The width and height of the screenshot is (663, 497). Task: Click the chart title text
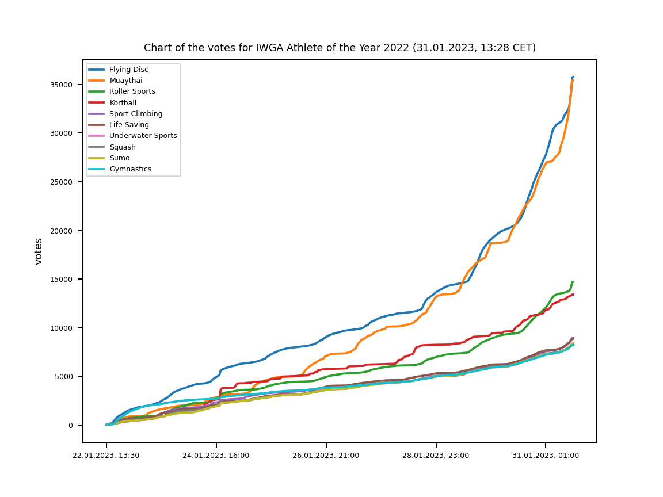point(340,48)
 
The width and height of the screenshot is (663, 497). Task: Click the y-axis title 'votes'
point(39,251)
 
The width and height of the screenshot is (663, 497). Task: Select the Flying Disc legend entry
point(128,70)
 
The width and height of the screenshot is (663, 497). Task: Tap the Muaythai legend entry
point(125,81)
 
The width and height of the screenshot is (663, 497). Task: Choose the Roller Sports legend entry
point(132,91)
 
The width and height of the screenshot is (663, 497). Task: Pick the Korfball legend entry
point(123,103)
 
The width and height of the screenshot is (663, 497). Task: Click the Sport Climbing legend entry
point(136,114)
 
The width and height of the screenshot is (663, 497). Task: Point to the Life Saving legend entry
point(129,125)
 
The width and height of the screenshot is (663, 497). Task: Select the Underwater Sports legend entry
point(143,136)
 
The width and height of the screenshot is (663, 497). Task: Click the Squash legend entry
point(121,147)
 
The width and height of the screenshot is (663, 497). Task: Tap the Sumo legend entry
point(119,158)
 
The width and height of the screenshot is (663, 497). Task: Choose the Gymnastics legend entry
point(130,169)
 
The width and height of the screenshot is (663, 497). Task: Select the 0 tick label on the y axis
point(71,425)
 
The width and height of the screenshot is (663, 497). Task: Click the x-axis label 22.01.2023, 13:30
point(106,456)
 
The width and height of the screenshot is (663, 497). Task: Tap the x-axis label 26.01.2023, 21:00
point(326,456)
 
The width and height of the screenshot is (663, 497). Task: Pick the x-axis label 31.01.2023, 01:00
point(546,456)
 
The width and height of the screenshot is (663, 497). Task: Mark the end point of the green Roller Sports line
point(573,282)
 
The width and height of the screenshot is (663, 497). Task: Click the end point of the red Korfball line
point(573,295)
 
